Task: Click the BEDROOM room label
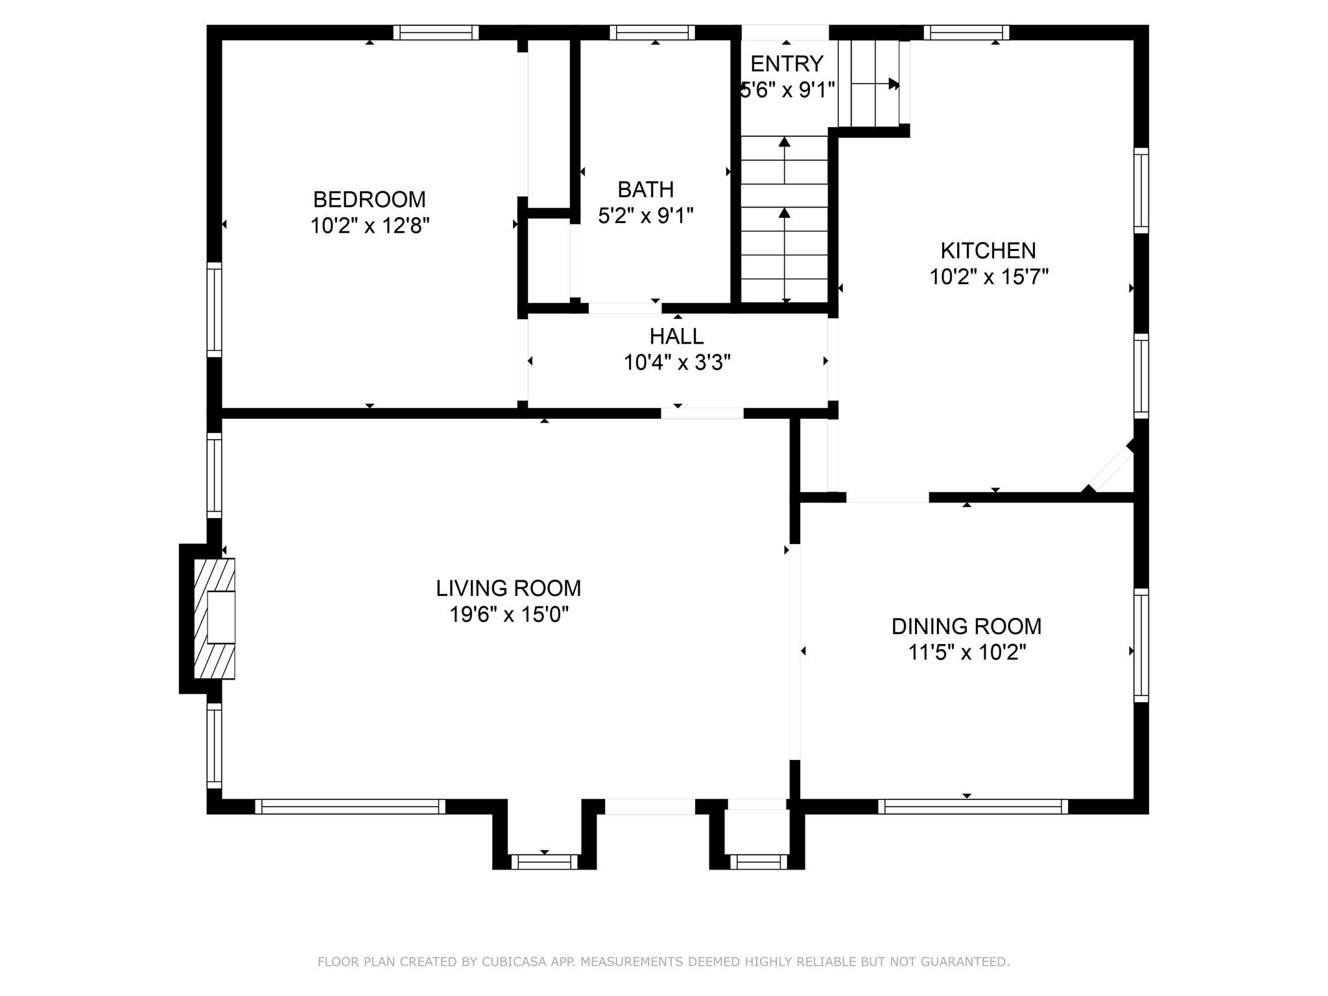click(369, 199)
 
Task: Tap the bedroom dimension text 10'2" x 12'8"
click(370, 226)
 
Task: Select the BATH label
click(646, 189)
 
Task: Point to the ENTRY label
click(787, 64)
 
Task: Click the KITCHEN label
click(988, 250)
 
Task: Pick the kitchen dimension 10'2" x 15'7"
click(989, 277)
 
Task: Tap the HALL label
click(677, 336)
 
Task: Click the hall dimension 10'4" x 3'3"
click(677, 362)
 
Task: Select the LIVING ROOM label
click(508, 588)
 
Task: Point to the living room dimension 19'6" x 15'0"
click(509, 614)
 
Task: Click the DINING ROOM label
click(966, 626)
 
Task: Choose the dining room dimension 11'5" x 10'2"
click(967, 652)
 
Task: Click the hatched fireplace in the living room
click(215, 619)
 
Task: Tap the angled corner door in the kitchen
click(1110, 469)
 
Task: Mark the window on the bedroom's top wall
click(436, 32)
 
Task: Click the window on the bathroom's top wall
click(652, 32)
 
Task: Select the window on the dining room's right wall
click(1141, 645)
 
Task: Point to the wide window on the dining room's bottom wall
click(973, 807)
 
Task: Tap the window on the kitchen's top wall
click(966, 32)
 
